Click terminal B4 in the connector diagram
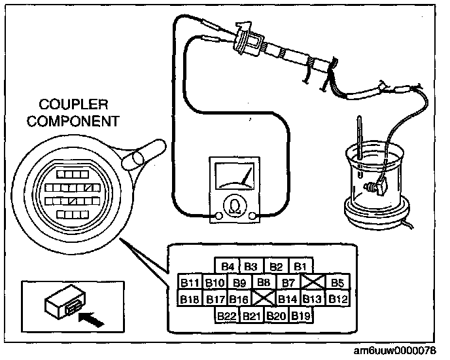(x=227, y=266)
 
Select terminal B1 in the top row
(x=300, y=266)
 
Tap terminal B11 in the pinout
(x=190, y=283)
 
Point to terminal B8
(x=264, y=283)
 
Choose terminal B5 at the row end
(x=337, y=283)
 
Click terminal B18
(x=190, y=299)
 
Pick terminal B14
(x=288, y=299)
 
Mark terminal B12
(x=337, y=299)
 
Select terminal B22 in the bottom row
(x=227, y=315)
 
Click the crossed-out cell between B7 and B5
(x=313, y=283)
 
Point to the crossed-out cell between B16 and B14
(x=264, y=299)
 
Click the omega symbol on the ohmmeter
(x=232, y=206)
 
